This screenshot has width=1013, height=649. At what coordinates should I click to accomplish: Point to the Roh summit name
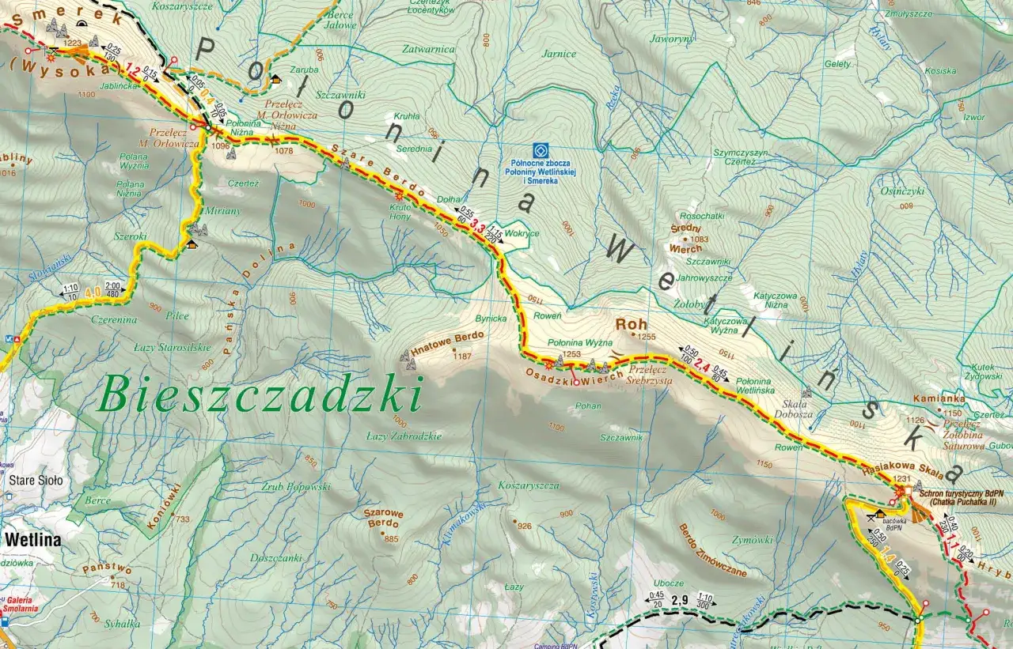[x=632, y=324]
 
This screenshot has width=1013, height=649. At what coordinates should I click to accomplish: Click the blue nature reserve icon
[x=541, y=149]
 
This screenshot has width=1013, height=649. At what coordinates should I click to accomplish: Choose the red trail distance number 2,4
[x=702, y=364]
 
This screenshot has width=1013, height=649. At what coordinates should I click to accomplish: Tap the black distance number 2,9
[x=679, y=600]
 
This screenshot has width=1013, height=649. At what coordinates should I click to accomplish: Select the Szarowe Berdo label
[x=383, y=518]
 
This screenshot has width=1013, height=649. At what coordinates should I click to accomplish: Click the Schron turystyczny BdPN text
[x=962, y=492]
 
